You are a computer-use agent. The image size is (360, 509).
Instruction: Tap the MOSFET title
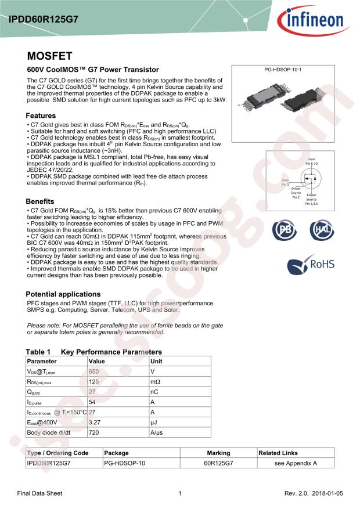[x=50, y=56]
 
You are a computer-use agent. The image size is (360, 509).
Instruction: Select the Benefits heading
[x=44, y=201]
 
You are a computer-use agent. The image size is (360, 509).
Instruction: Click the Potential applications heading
[x=63, y=294]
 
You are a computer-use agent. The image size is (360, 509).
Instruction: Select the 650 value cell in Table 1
[x=93, y=371]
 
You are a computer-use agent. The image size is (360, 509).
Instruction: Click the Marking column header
[x=218, y=453]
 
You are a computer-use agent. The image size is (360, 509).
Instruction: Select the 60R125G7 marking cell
[x=218, y=463]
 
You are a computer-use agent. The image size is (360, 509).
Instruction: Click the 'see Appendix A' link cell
[x=296, y=463]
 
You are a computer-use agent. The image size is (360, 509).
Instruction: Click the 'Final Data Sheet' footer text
[x=39, y=493]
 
